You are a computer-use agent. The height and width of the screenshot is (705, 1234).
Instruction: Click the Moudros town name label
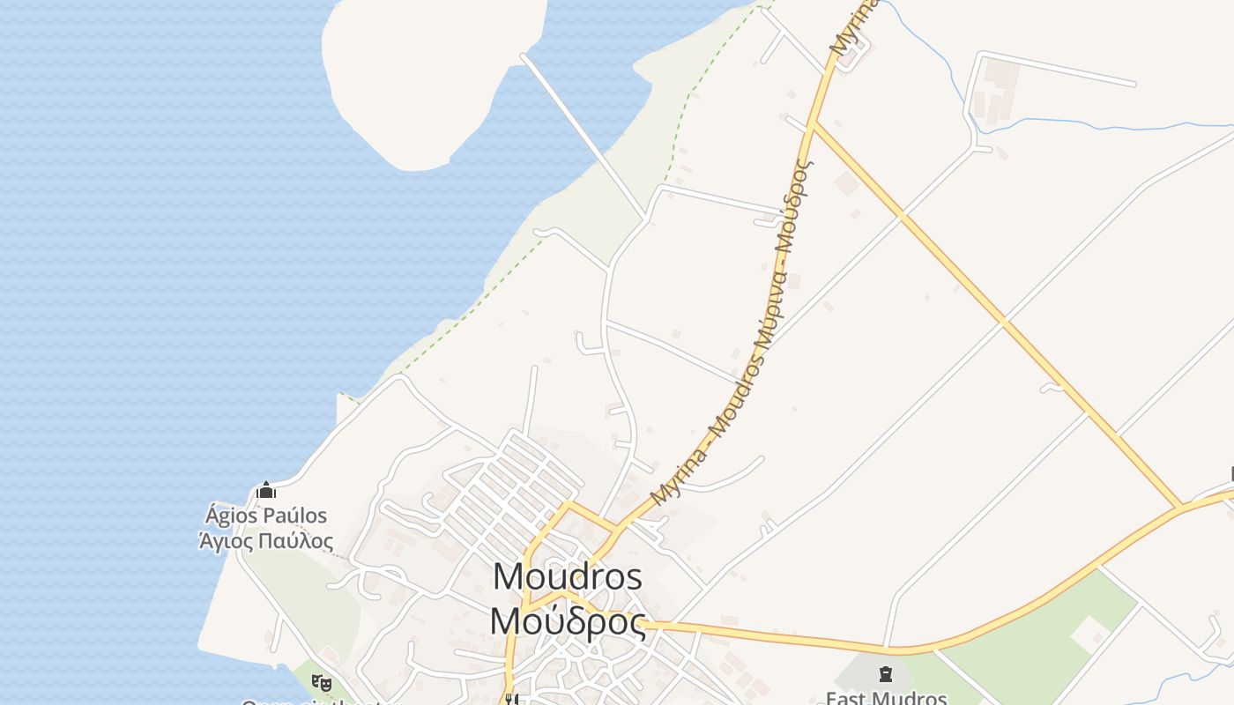tap(567, 577)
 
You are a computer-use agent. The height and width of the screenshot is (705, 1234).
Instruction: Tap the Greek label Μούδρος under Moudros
tap(567, 621)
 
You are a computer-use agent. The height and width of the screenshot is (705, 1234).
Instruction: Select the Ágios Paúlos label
tap(265, 516)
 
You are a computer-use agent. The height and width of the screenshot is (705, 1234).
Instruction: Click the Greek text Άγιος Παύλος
tap(265, 540)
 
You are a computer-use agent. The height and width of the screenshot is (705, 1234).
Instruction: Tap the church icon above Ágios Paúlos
tap(265, 490)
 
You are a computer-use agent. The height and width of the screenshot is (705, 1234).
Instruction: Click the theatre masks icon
tap(322, 682)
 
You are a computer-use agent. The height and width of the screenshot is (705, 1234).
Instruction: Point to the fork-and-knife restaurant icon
tap(510, 699)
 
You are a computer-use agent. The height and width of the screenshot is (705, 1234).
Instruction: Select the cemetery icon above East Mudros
tap(885, 675)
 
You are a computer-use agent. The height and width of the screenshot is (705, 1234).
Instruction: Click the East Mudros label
tap(885, 698)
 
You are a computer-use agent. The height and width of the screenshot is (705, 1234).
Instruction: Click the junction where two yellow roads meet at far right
tap(1181, 508)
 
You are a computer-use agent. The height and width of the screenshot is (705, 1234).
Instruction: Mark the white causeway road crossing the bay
tap(582, 132)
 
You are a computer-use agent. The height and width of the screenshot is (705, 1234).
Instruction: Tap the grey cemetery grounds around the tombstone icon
tap(864, 674)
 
